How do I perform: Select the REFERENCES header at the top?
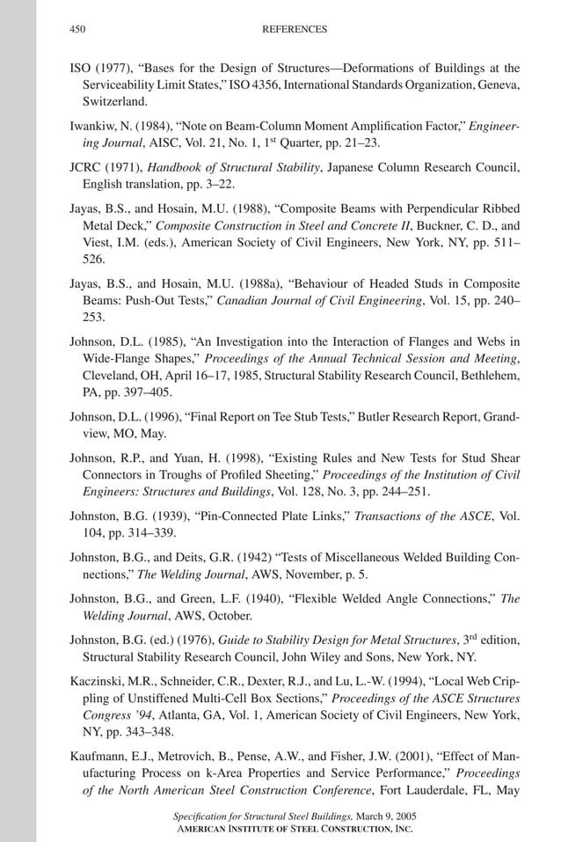295,29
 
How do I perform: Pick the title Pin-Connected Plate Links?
287,516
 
